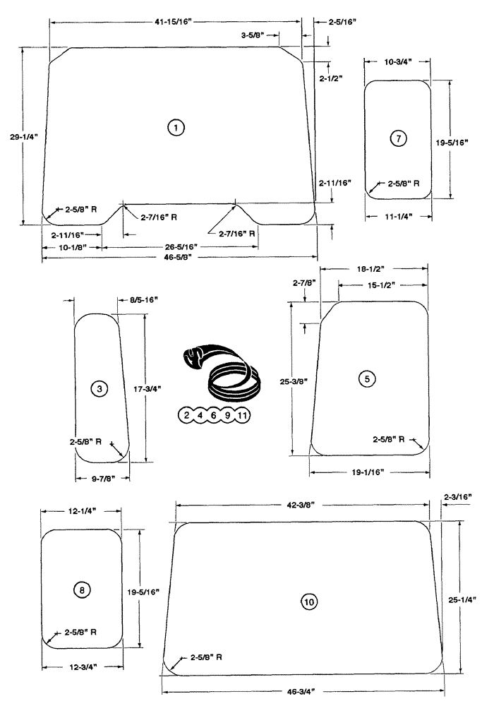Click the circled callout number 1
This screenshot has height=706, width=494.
(x=175, y=127)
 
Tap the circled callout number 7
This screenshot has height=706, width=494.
(x=399, y=138)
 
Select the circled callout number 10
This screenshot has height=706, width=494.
(x=308, y=602)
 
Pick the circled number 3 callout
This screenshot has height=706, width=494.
(x=100, y=388)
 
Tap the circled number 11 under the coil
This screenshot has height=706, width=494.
(x=241, y=415)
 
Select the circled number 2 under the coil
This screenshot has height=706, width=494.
(x=186, y=415)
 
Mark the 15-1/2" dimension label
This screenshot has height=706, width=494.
(x=381, y=285)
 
